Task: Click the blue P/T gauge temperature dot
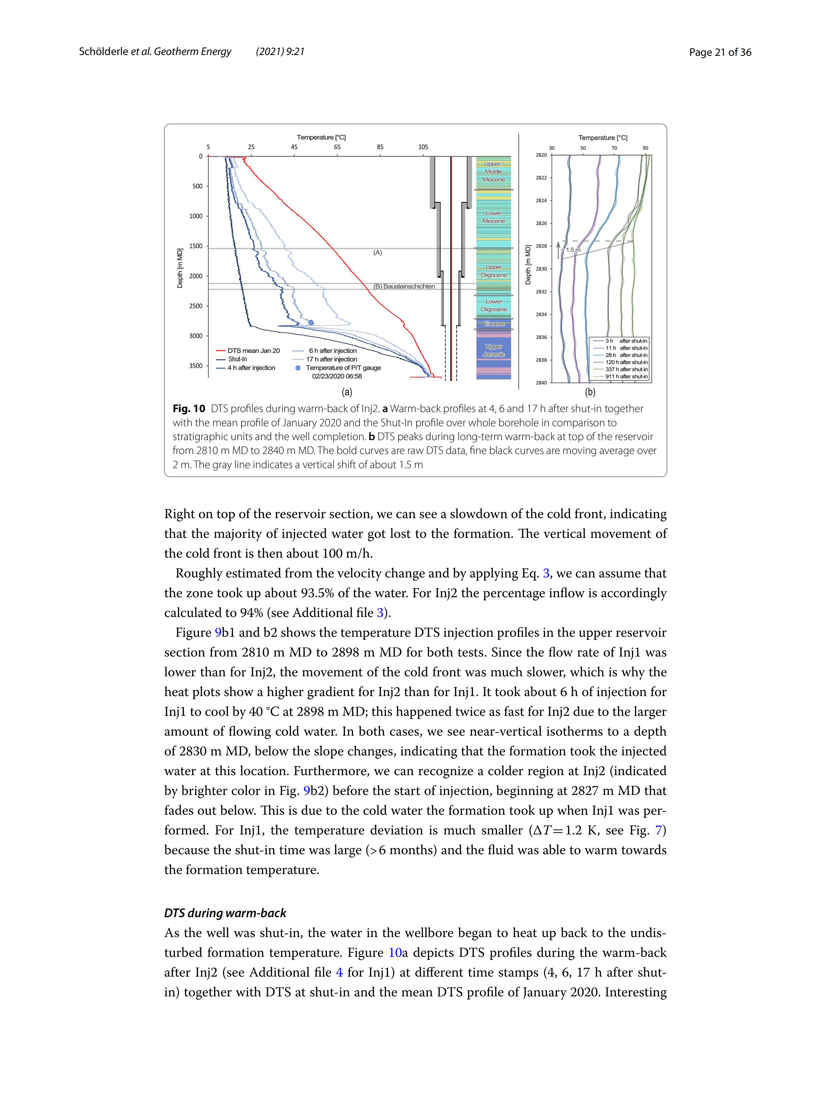coord(311,322)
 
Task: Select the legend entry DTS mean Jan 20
coord(253,351)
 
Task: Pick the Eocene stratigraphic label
coord(494,324)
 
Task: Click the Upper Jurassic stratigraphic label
coord(494,350)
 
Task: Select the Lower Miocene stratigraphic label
coord(494,217)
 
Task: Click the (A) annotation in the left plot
coord(378,253)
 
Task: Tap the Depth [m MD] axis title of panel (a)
coord(180,268)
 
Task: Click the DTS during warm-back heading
coord(225,913)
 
